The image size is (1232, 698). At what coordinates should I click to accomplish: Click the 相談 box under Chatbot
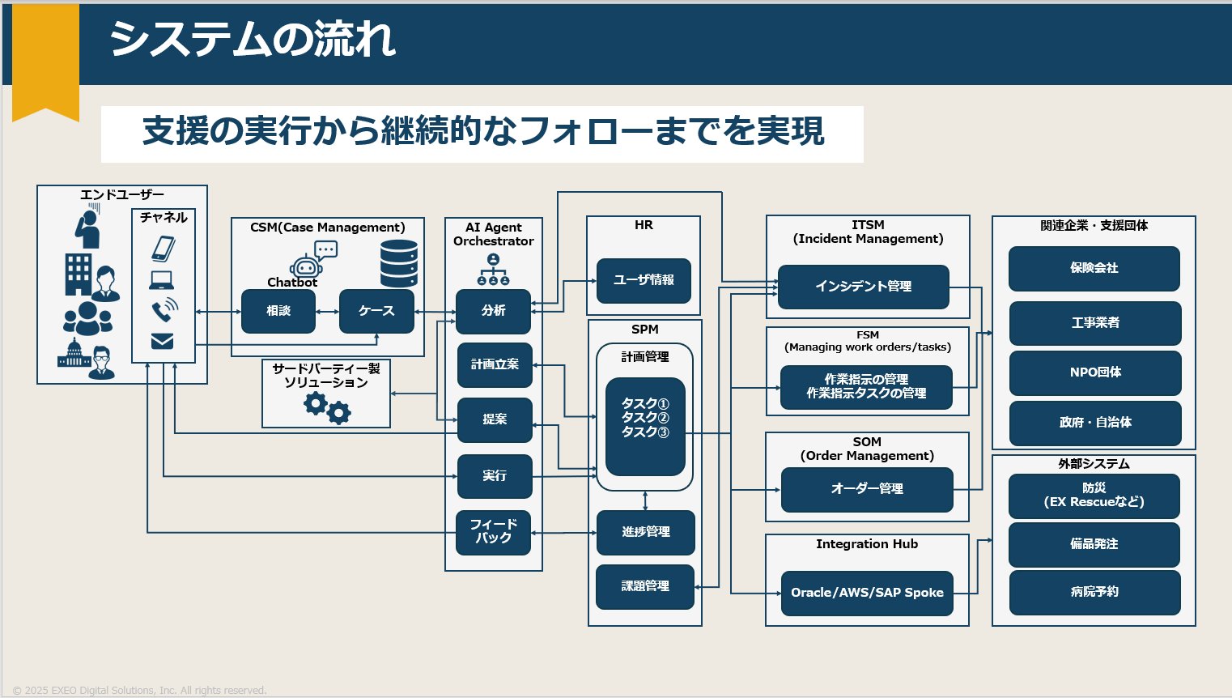coord(278,311)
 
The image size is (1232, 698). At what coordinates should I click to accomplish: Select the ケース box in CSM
coord(376,311)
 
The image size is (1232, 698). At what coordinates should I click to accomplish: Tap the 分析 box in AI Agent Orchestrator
coord(493,311)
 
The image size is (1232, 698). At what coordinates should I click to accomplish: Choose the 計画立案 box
coord(495,365)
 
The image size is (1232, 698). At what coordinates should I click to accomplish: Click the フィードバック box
coord(493,532)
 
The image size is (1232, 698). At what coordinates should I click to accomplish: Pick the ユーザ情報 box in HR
coord(644,280)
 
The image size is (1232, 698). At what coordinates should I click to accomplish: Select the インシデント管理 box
coord(863,287)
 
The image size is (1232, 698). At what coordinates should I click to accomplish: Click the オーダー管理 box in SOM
coord(867,489)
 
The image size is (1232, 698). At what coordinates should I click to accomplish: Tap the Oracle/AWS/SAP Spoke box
coord(867,593)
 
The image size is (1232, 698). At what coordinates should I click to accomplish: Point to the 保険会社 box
coord(1094,268)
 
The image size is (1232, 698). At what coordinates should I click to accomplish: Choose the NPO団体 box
coord(1095,372)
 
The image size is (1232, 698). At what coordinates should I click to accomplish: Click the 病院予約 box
coord(1094,592)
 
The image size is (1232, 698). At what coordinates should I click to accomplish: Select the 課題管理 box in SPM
coord(645,586)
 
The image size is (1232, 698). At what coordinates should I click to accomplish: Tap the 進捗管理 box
coord(645,532)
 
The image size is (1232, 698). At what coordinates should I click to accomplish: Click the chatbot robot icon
coord(306,266)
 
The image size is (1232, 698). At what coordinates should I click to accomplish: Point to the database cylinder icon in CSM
coord(399,263)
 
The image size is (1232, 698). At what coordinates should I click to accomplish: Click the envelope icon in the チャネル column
coord(163,342)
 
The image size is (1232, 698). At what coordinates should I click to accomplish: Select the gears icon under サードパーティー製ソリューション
coord(327,407)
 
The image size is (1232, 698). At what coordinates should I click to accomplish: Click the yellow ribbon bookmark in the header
coord(45,61)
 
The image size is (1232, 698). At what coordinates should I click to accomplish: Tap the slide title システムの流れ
coord(253,39)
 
